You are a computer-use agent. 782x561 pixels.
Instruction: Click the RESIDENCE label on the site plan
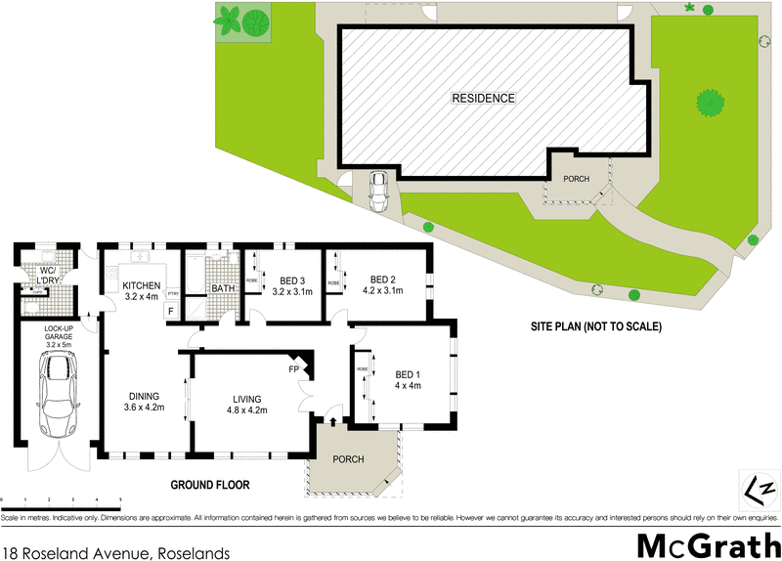(x=483, y=98)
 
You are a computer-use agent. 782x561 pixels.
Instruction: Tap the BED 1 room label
(x=408, y=379)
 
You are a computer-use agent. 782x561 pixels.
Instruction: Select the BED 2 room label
(x=382, y=283)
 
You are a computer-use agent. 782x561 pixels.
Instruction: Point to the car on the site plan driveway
(x=377, y=190)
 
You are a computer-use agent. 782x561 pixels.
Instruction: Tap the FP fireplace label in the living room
(x=293, y=370)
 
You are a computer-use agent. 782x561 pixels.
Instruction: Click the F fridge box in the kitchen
(x=170, y=311)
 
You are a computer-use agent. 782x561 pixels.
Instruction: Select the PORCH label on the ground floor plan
(x=349, y=458)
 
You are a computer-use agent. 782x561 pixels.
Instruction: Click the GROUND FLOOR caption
(x=210, y=484)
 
